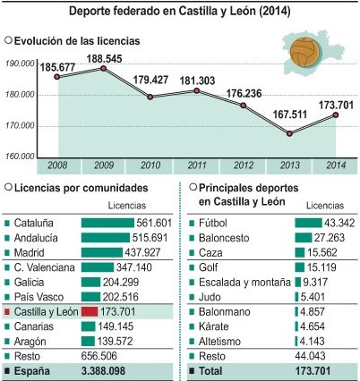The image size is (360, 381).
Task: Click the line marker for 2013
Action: pos(289,133)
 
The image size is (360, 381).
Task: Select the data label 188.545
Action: pos(104,58)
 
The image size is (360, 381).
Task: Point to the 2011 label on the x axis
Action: pos(197,165)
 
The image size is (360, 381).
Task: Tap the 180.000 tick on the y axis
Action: pos(20,95)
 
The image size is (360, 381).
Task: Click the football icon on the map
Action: pos(305,53)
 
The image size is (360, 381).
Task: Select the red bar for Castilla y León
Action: pos(90,312)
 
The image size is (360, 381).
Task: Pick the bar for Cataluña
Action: pos(107,223)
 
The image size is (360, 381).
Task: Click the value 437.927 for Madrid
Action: pos(142,252)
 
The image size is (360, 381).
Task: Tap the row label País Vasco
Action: pos(39,297)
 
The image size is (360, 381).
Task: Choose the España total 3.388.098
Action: pos(103,371)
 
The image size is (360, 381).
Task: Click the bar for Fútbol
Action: pos(309,223)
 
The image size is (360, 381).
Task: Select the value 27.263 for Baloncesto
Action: pos(330,238)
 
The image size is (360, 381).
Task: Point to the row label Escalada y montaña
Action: pos(244,282)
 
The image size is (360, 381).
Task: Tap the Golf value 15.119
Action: pos(321,267)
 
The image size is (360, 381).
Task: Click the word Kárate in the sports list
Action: pos(214,326)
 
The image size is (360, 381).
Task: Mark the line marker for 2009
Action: pos(103,68)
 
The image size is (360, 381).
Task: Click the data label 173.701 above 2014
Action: pos(336,106)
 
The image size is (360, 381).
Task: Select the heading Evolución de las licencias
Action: pos(77,41)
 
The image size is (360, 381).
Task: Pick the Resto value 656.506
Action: pos(99,356)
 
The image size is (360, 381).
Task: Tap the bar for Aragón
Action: pos(88,342)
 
